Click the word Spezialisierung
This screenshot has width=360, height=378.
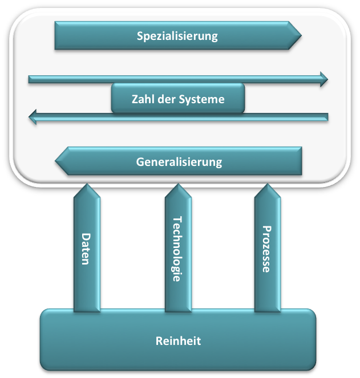177,36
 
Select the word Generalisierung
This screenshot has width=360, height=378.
179,162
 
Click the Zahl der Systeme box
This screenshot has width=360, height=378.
178,98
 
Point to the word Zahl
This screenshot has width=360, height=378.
142,99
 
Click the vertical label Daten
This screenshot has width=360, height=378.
86,249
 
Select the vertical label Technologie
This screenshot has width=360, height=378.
177,249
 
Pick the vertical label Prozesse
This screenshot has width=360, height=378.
266,249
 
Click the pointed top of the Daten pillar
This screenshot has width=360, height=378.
87,186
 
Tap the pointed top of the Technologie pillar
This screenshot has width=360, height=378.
177,186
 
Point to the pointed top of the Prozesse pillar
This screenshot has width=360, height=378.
267,186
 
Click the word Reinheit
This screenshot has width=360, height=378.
178,341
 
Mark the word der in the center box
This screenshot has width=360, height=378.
170,99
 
